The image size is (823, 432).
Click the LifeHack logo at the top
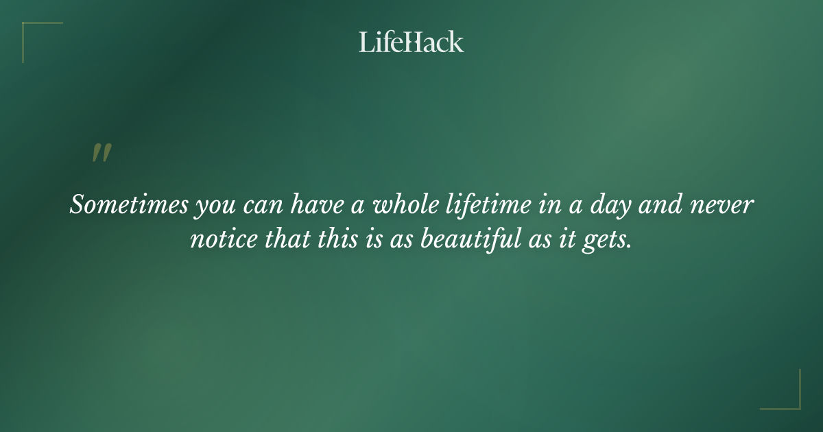(x=411, y=42)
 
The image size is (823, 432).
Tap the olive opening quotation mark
(x=101, y=154)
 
